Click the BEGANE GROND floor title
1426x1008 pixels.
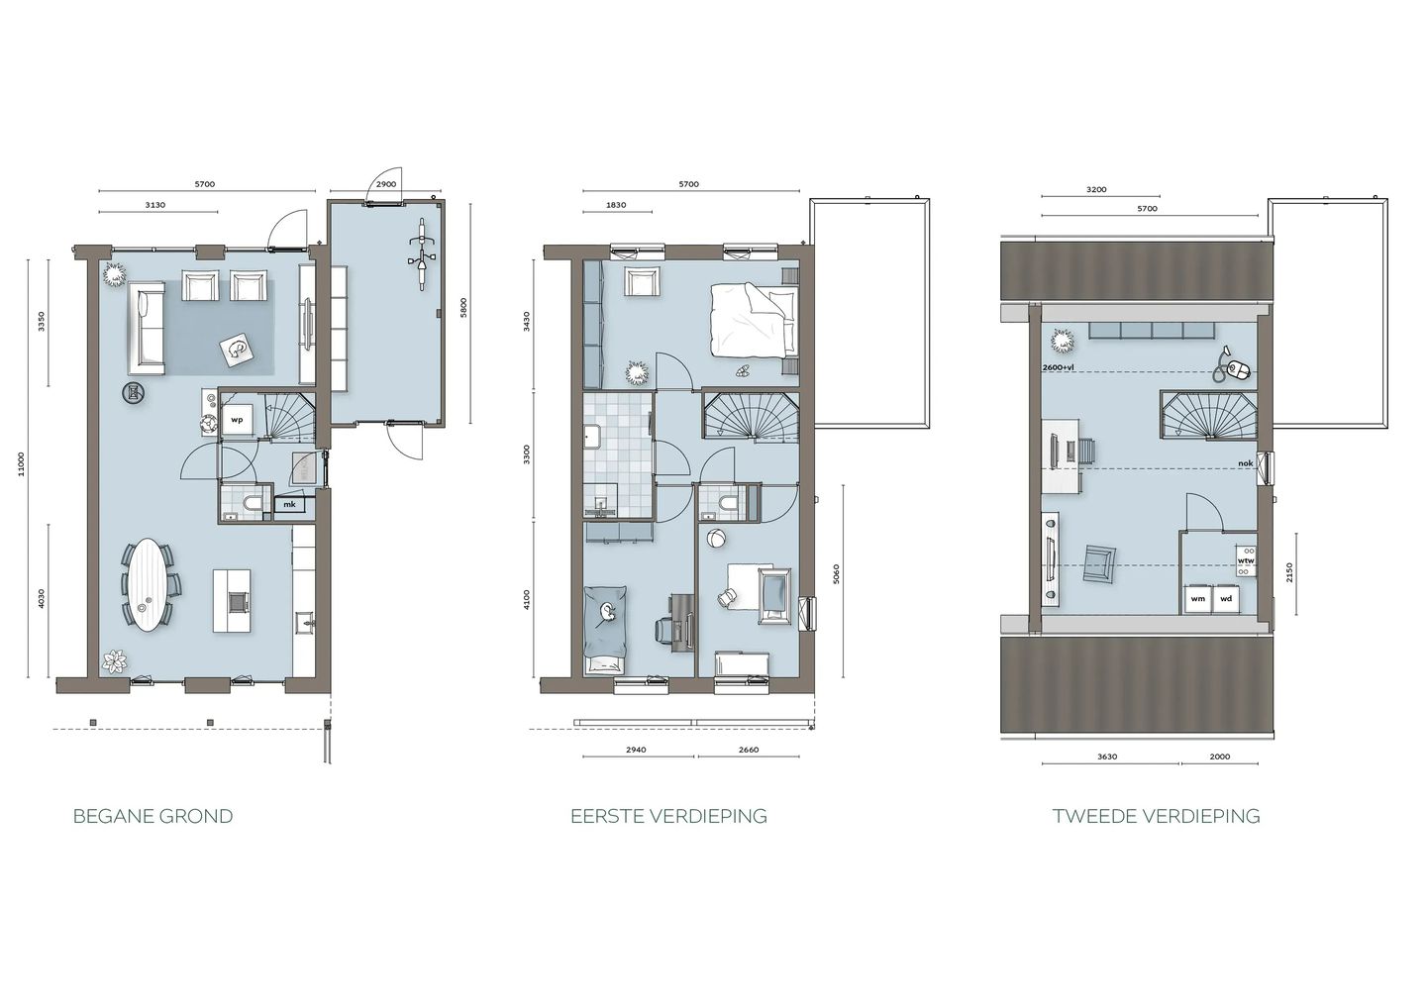[x=153, y=817]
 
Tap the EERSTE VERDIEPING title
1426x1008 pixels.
[x=669, y=817]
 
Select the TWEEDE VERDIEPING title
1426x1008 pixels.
[x=1157, y=817]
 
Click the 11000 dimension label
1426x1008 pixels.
[x=21, y=464]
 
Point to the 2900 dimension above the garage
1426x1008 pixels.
[x=386, y=184]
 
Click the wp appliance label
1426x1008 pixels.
[x=237, y=420]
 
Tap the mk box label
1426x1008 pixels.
[x=289, y=505]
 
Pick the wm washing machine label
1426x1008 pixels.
[x=1197, y=599]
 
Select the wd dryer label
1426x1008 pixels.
[x=1226, y=599]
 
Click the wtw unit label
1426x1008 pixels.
[x=1245, y=560]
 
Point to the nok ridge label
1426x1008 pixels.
[x=1246, y=463]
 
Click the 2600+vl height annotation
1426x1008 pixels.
[x=1059, y=367]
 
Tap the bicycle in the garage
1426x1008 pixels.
[x=422, y=253]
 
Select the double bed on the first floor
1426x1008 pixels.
[x=754, y=321]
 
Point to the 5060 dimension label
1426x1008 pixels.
[x=837, y=574]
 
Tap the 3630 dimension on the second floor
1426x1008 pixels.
[x=1108, y=757]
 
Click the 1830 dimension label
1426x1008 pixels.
[x=616, y=205]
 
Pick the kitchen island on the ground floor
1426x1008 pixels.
[x=232, y=601]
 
